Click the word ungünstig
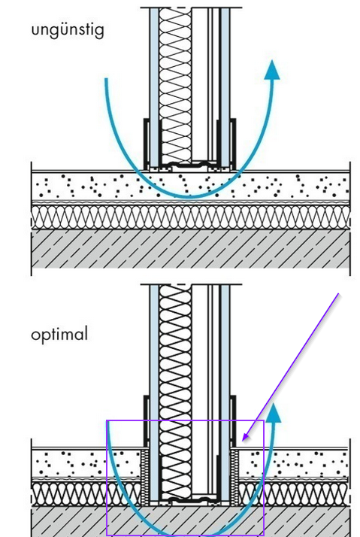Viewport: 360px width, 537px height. click(x=68, y=31)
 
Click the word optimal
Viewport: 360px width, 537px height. click(x=59, y=334)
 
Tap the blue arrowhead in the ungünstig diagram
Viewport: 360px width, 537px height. click(x=272, y=70)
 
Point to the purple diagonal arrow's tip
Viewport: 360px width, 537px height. click(x=242, y=441)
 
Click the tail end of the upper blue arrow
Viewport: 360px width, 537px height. click(x=106, y=79)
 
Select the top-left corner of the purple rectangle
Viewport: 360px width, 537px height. click(x=107, y=420)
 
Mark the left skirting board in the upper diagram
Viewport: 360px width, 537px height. click(x=146, y=144)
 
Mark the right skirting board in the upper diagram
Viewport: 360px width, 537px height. click(x=233, y=144)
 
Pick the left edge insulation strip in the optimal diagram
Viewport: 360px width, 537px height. click(x=145, y=477)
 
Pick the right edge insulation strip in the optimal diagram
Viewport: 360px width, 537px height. click(x=234, y=477)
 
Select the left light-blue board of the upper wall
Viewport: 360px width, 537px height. click(x=154, y=86)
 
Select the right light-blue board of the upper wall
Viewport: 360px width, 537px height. click(x=225, y=86)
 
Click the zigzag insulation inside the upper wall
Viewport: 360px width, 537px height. click(x=175, y=86)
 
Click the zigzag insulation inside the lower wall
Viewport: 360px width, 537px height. click(x=175, y=390)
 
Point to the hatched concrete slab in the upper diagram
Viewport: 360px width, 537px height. click(x=191, y=249)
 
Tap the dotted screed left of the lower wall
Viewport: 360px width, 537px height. click(x=86, y=463)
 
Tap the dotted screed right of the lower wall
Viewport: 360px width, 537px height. click(x=294, y=463)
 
